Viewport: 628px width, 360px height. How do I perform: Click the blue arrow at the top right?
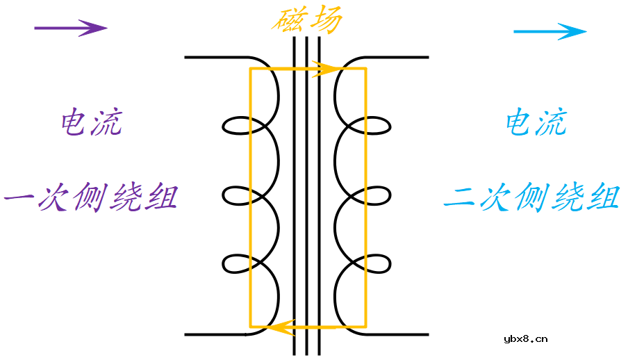point(549,31)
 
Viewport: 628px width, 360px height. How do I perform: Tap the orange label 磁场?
point(306,21)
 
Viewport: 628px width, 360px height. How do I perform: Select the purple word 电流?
point(91,124)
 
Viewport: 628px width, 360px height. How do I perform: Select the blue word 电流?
point(536,124)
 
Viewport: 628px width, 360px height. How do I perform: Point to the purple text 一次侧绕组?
point(91,198)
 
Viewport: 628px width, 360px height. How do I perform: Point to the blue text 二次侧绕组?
point(531,198)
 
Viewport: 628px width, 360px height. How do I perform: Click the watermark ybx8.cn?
point(524,339)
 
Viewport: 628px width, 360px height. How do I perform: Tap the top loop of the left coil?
point(236,126)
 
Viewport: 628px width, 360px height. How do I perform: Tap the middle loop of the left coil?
point(236,195)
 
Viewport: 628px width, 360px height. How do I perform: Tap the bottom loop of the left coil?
point(236,263)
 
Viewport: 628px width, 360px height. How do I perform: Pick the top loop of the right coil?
point(377,126)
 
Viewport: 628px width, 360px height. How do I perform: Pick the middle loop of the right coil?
point(377,195)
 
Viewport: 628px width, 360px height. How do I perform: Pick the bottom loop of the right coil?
point(377,263)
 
